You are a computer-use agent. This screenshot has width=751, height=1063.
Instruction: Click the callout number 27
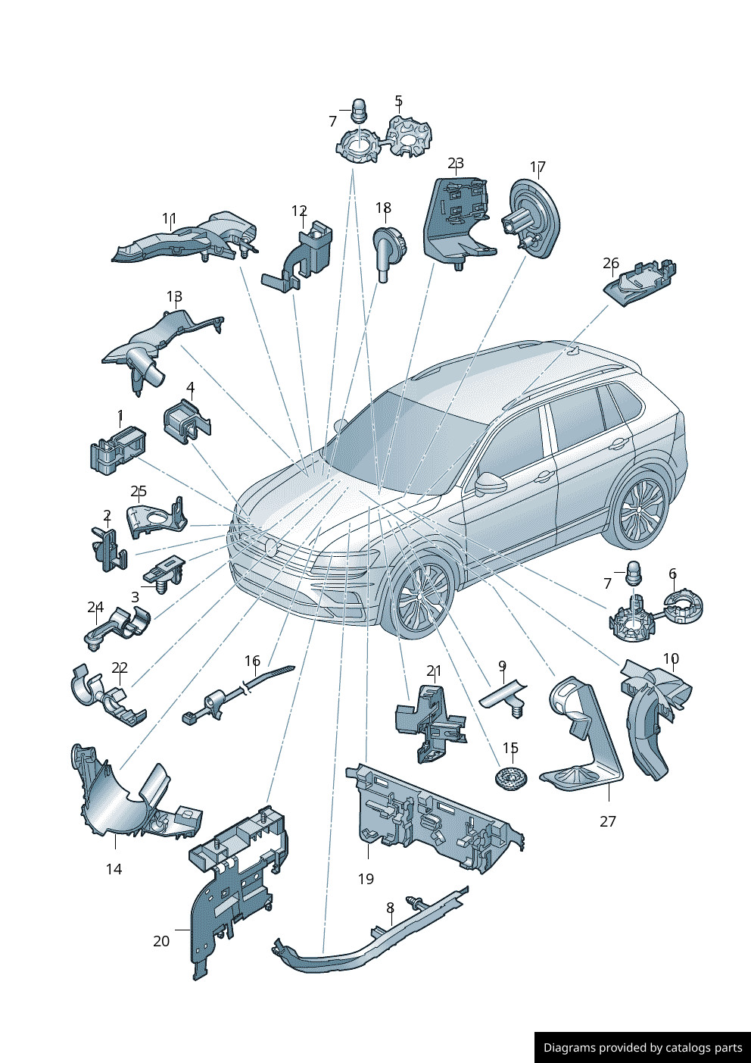click(x=607, y=821)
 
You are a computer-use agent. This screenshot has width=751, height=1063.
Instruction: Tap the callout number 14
click(x=114, y=869)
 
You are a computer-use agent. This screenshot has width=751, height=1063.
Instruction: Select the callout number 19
click(x=366, y=879)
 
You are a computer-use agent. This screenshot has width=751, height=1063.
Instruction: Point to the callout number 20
click(x=161, y=941)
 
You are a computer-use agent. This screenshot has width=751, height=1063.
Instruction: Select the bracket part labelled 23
click(x=457, y=222)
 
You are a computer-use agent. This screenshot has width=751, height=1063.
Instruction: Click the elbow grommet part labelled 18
click(x=390, y=253)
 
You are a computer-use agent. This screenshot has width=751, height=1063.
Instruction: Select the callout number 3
click(x=135, y=597)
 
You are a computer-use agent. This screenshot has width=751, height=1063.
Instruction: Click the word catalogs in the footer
click(x=695, y=1047)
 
